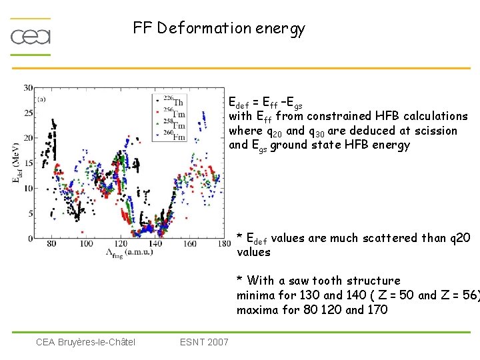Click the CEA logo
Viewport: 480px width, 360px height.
pos(31,36)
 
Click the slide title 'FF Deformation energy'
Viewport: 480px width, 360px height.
pos(219,28)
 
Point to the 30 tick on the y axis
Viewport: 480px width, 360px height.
pos(29,88)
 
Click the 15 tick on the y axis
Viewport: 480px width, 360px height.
pos(29,163)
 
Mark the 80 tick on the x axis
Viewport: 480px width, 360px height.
pos(53,245)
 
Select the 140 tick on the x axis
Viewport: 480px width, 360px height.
pos(155,245)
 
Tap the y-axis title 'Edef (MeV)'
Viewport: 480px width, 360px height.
pos(15,163)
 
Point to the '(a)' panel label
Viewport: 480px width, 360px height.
pos(42,99)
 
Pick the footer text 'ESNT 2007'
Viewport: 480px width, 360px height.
pos(204,342)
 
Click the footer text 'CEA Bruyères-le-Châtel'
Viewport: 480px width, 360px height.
pos(85,342)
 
